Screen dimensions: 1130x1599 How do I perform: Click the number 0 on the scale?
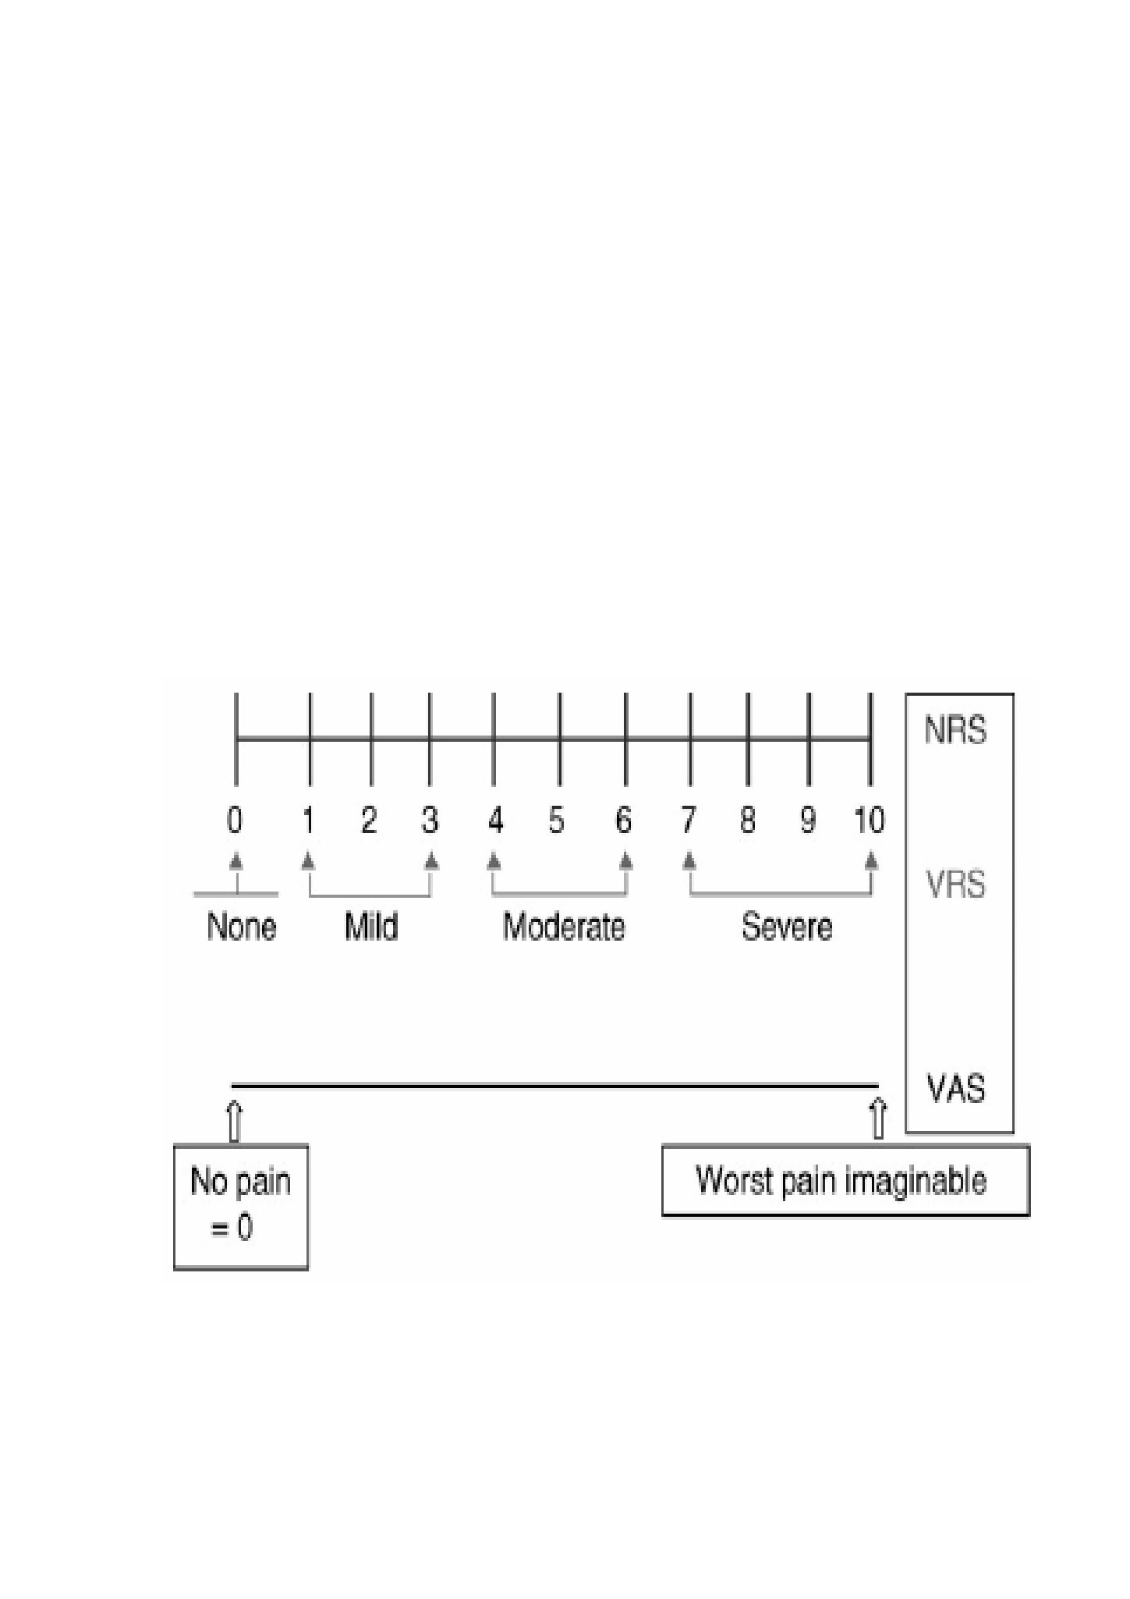click(x=235, y=820)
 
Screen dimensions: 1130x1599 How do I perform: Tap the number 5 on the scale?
click(x=556, y=820)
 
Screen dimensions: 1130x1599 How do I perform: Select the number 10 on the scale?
click(x=869, y=820)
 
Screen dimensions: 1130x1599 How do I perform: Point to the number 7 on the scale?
click(x=688, y=820)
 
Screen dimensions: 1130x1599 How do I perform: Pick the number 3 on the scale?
click(x=430, y=820)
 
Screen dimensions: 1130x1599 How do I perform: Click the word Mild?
click(x=371, y=927)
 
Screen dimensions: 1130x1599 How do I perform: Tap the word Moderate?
click(x=563, y=927)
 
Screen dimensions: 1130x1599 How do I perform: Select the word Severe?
click(x=787, y=927)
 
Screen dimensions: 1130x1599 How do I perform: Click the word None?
click(x=241, y=927)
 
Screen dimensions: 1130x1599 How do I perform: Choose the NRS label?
click(x=955, y=731)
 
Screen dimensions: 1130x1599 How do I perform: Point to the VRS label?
click(x=955, y=885)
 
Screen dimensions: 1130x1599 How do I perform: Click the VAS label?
click(x=956, y=1089)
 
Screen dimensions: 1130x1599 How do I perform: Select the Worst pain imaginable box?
click(x=845, y=1180)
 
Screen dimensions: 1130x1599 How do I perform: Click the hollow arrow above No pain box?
click(x=234, y=1121)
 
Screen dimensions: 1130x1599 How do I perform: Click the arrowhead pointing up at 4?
click(x=493, y=860)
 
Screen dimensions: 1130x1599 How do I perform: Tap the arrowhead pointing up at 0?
click(x=236, y=860)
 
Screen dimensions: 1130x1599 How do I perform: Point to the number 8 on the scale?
click(x=747, y=820)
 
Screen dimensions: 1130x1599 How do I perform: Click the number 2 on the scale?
click(x=369, y=820)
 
